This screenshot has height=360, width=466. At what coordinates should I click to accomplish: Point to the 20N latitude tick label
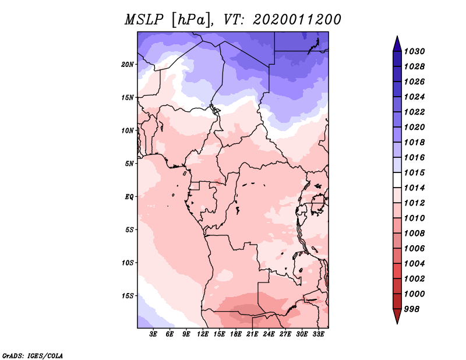(128, 65)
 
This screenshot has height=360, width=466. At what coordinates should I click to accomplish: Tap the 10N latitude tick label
(128, 130)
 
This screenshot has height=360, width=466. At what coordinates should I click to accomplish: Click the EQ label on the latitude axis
(129, 197)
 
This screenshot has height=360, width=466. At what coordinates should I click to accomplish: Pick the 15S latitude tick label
(128, 296)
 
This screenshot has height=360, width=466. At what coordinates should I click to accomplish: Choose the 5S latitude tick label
(129, 230)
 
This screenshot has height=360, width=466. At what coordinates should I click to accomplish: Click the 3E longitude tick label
(153, 334)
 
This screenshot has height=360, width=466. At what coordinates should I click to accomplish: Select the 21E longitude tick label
(253, 334)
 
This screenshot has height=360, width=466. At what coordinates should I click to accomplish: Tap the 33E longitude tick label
(319, 334)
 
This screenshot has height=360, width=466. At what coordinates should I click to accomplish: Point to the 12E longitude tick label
(203, 334)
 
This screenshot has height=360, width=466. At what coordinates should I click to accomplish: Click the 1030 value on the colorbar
(416, 51)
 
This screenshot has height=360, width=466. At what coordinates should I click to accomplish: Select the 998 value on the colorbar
(414, 309)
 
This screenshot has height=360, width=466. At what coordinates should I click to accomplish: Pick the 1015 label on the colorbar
(416, 173)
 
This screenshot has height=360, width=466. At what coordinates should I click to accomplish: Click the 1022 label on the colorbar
(416, 112)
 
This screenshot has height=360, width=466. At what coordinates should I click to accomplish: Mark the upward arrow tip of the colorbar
(397, 38)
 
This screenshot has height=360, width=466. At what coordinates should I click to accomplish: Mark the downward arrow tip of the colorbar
(397, 322)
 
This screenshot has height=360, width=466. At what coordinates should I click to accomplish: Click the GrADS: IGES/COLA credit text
(32, 355)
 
